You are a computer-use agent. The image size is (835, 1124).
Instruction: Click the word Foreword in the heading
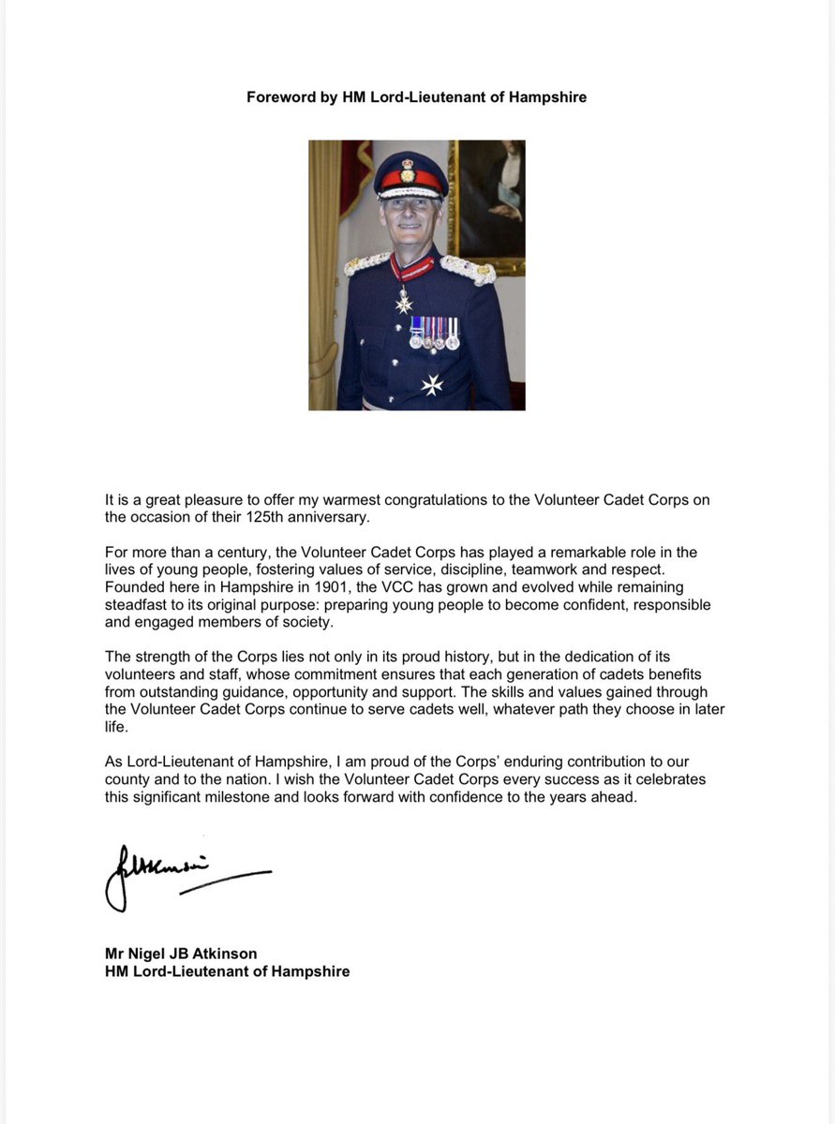coord(279,96)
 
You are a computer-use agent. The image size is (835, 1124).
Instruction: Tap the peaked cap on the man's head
coord(410,173)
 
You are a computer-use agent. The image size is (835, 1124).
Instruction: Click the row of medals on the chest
coord(434,333)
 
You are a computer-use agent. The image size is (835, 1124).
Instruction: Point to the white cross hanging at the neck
coord(404,303)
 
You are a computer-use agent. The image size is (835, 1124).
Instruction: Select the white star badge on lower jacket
coord(432,384)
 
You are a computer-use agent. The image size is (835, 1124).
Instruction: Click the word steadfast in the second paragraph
coord(136,605)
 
